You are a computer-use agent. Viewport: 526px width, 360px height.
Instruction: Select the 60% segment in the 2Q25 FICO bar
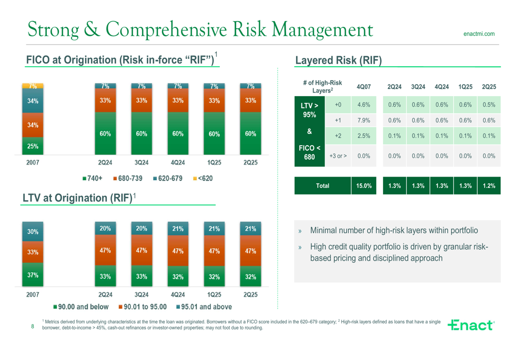250,133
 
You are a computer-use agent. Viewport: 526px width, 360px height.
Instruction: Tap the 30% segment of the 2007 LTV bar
33,231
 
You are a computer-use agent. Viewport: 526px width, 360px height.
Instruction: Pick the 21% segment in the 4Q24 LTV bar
178,229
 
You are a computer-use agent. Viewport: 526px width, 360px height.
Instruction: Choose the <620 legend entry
203,179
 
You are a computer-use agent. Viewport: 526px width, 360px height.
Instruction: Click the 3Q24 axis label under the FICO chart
141,163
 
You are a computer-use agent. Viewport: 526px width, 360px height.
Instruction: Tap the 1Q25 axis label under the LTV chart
214,295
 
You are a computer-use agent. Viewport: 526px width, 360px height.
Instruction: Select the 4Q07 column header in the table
363,87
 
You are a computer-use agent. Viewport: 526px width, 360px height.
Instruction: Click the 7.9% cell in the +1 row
363,120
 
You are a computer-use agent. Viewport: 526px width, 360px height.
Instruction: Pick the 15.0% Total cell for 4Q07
363,186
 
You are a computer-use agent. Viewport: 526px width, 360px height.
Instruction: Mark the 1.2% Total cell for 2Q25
489,186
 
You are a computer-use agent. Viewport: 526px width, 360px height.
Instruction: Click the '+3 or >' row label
338,156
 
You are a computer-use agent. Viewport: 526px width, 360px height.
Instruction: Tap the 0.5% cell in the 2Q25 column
489,105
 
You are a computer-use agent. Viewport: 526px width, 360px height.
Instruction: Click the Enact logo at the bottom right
471,325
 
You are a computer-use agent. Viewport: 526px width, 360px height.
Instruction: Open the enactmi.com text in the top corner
479,34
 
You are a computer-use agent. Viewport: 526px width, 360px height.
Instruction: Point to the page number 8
33,327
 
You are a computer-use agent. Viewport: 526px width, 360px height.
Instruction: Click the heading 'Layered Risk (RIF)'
338,60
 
